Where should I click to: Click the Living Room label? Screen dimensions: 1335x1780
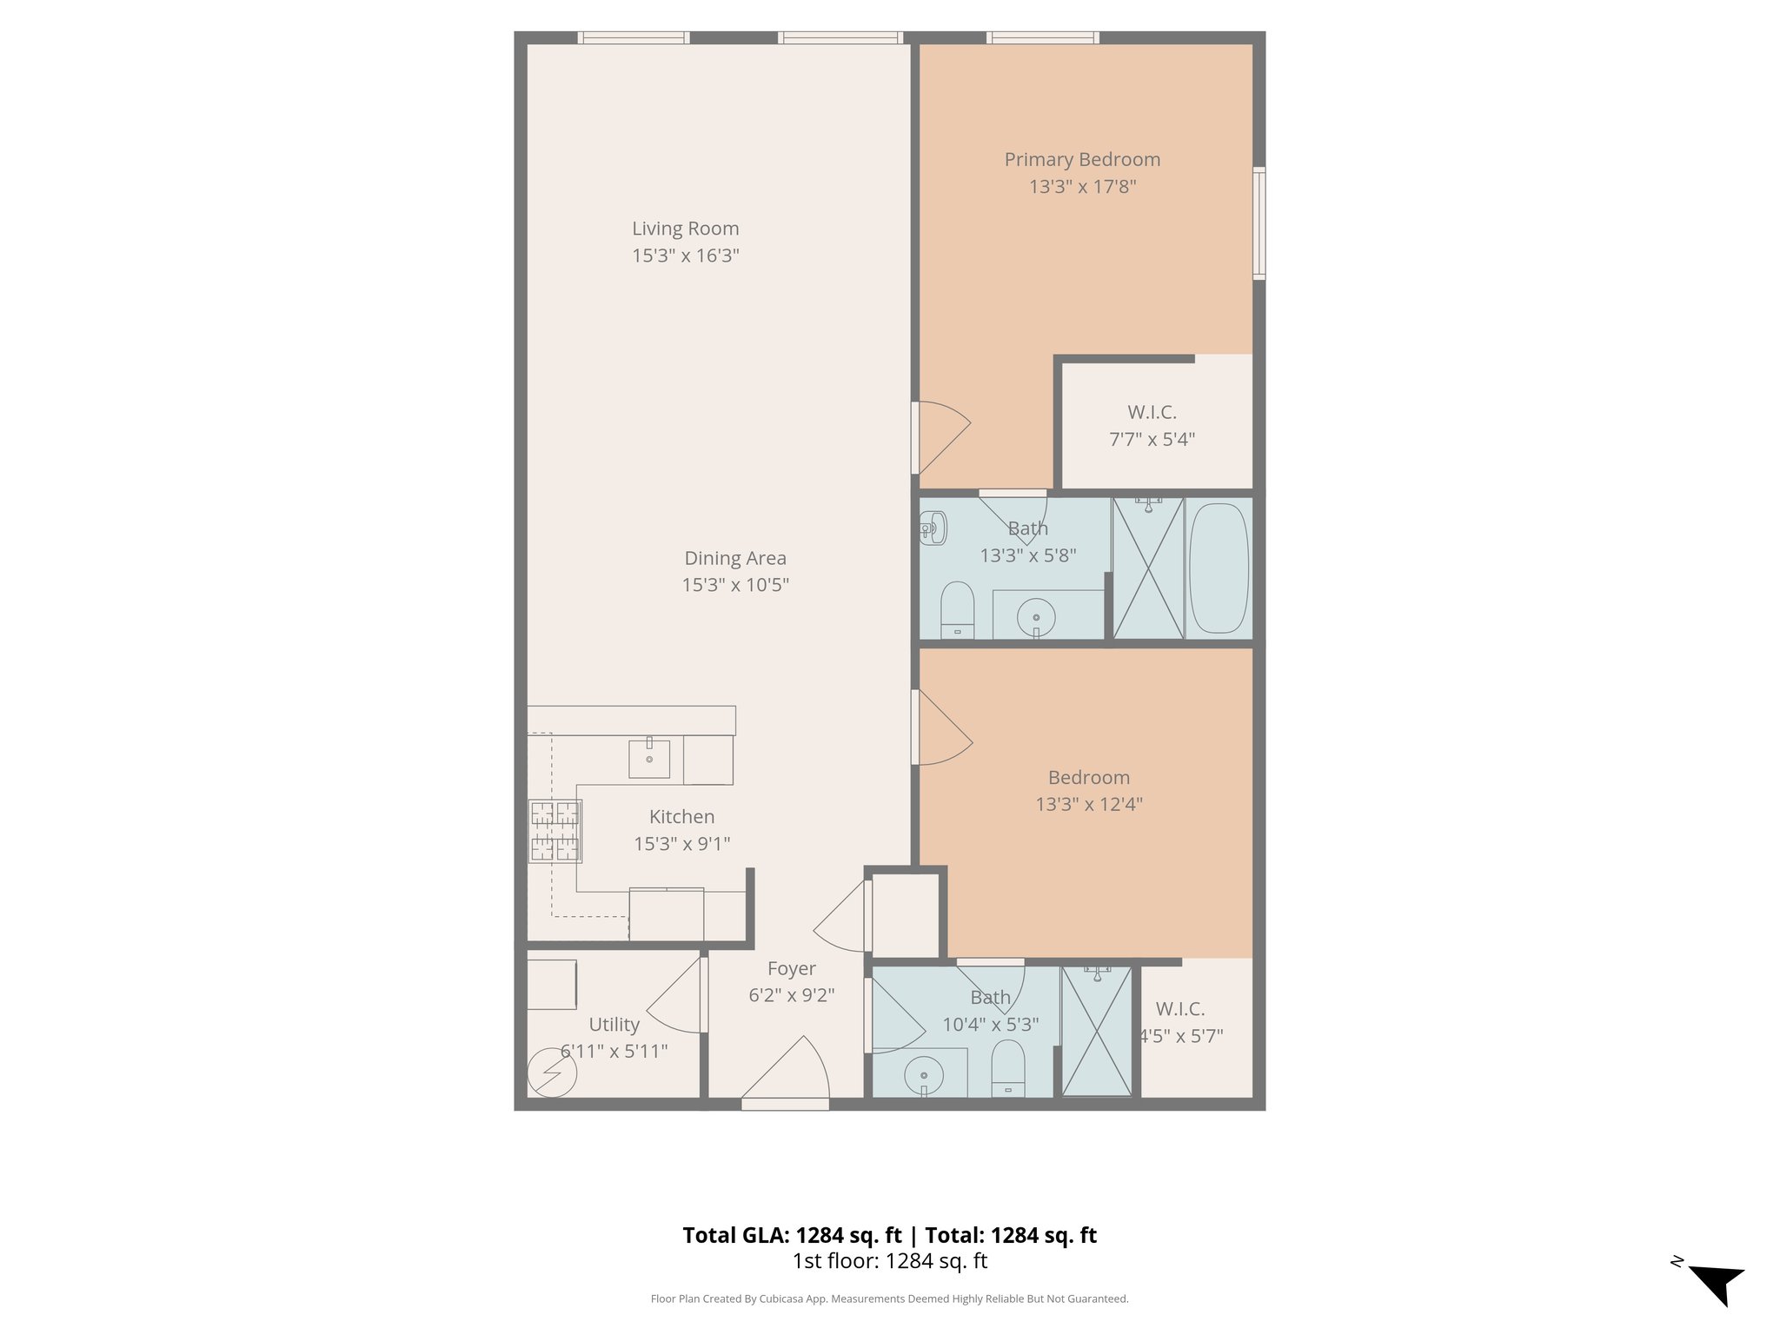coord(685,229)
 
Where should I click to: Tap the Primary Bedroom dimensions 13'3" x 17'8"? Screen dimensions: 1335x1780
coord(1082,187)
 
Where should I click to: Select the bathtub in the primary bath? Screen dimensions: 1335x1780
coord(1219,568)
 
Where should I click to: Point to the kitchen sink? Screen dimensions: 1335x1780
coord(649,759)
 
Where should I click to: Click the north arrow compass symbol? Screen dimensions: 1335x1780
coord(1716,1284)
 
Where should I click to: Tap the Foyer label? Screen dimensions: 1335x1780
coord(791,968)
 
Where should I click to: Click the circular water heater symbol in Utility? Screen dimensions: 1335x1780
coord(552,1073)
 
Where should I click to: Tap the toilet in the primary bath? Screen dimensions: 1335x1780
coord(957,610)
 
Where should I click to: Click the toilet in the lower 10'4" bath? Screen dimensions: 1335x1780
coord(1008,1069)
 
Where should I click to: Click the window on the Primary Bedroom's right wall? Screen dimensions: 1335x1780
coord(1259,223)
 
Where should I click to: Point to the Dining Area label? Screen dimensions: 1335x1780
coord(735,558)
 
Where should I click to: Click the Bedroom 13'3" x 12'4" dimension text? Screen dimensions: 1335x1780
coord(1088,805)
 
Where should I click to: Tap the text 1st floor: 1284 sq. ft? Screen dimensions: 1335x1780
coord(889,1261)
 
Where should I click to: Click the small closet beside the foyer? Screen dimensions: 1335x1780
coord(905,915)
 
